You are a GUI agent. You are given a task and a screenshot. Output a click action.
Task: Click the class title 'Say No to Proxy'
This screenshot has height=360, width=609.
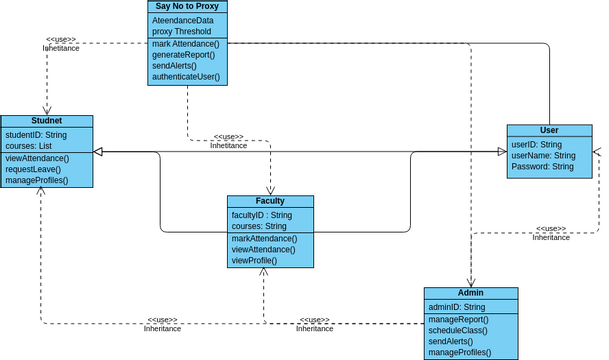point(187,7)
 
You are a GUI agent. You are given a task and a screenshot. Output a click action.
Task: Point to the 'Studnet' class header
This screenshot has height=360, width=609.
point(47,120)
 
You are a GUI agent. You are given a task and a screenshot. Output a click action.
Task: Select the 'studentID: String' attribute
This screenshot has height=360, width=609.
point(36,133)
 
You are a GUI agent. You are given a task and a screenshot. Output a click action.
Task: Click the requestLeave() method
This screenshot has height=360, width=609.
point(34,169)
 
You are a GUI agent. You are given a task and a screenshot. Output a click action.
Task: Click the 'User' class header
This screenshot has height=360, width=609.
point(548,130)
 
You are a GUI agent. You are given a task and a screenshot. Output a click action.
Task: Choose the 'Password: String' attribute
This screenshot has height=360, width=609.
point(542,167)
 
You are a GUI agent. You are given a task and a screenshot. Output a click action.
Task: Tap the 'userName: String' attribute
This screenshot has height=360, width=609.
point(543,155)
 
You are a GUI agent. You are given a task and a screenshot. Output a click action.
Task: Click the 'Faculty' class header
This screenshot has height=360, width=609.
point(270,201)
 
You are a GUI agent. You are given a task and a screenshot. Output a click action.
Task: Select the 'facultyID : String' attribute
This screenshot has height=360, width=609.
point(261,215)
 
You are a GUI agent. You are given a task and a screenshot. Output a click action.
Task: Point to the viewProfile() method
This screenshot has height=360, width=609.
point(254,260)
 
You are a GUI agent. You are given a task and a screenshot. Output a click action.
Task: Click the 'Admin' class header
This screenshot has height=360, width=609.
point(470,293)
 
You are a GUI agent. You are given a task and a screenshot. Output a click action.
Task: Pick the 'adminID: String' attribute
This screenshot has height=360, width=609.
point(456,306)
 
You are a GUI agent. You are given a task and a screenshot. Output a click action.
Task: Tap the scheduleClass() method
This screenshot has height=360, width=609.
point(458,330)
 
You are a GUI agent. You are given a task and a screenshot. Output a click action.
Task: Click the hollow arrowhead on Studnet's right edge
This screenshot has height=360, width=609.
point(100,152)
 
